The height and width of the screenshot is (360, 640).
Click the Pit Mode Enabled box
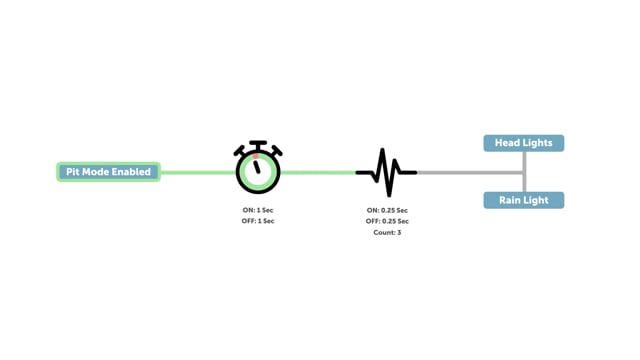click(x=108, y=172)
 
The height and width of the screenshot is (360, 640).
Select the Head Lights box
click(x=523, y=143)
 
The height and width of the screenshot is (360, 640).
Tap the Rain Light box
click(x=523, y=200)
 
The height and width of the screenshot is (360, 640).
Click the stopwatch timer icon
click(x=258, y=168)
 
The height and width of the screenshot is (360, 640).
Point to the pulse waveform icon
click(x=386, y=172)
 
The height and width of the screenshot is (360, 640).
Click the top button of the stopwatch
click(x=258, y=145)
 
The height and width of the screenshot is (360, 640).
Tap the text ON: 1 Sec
click(x=258, y=210)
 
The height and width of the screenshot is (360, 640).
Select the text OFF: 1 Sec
click(x=258, y=221)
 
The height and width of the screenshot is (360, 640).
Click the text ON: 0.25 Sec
click(x=387, y=210)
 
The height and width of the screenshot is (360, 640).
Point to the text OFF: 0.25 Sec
click(x=387, y=221)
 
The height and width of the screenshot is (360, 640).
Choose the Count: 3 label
click(x=387, y=232)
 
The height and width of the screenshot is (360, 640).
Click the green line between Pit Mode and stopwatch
click(x=197, y=172)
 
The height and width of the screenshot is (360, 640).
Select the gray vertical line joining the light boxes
click(x=524, y=172)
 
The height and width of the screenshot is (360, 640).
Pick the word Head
click(x=509, y=143)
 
